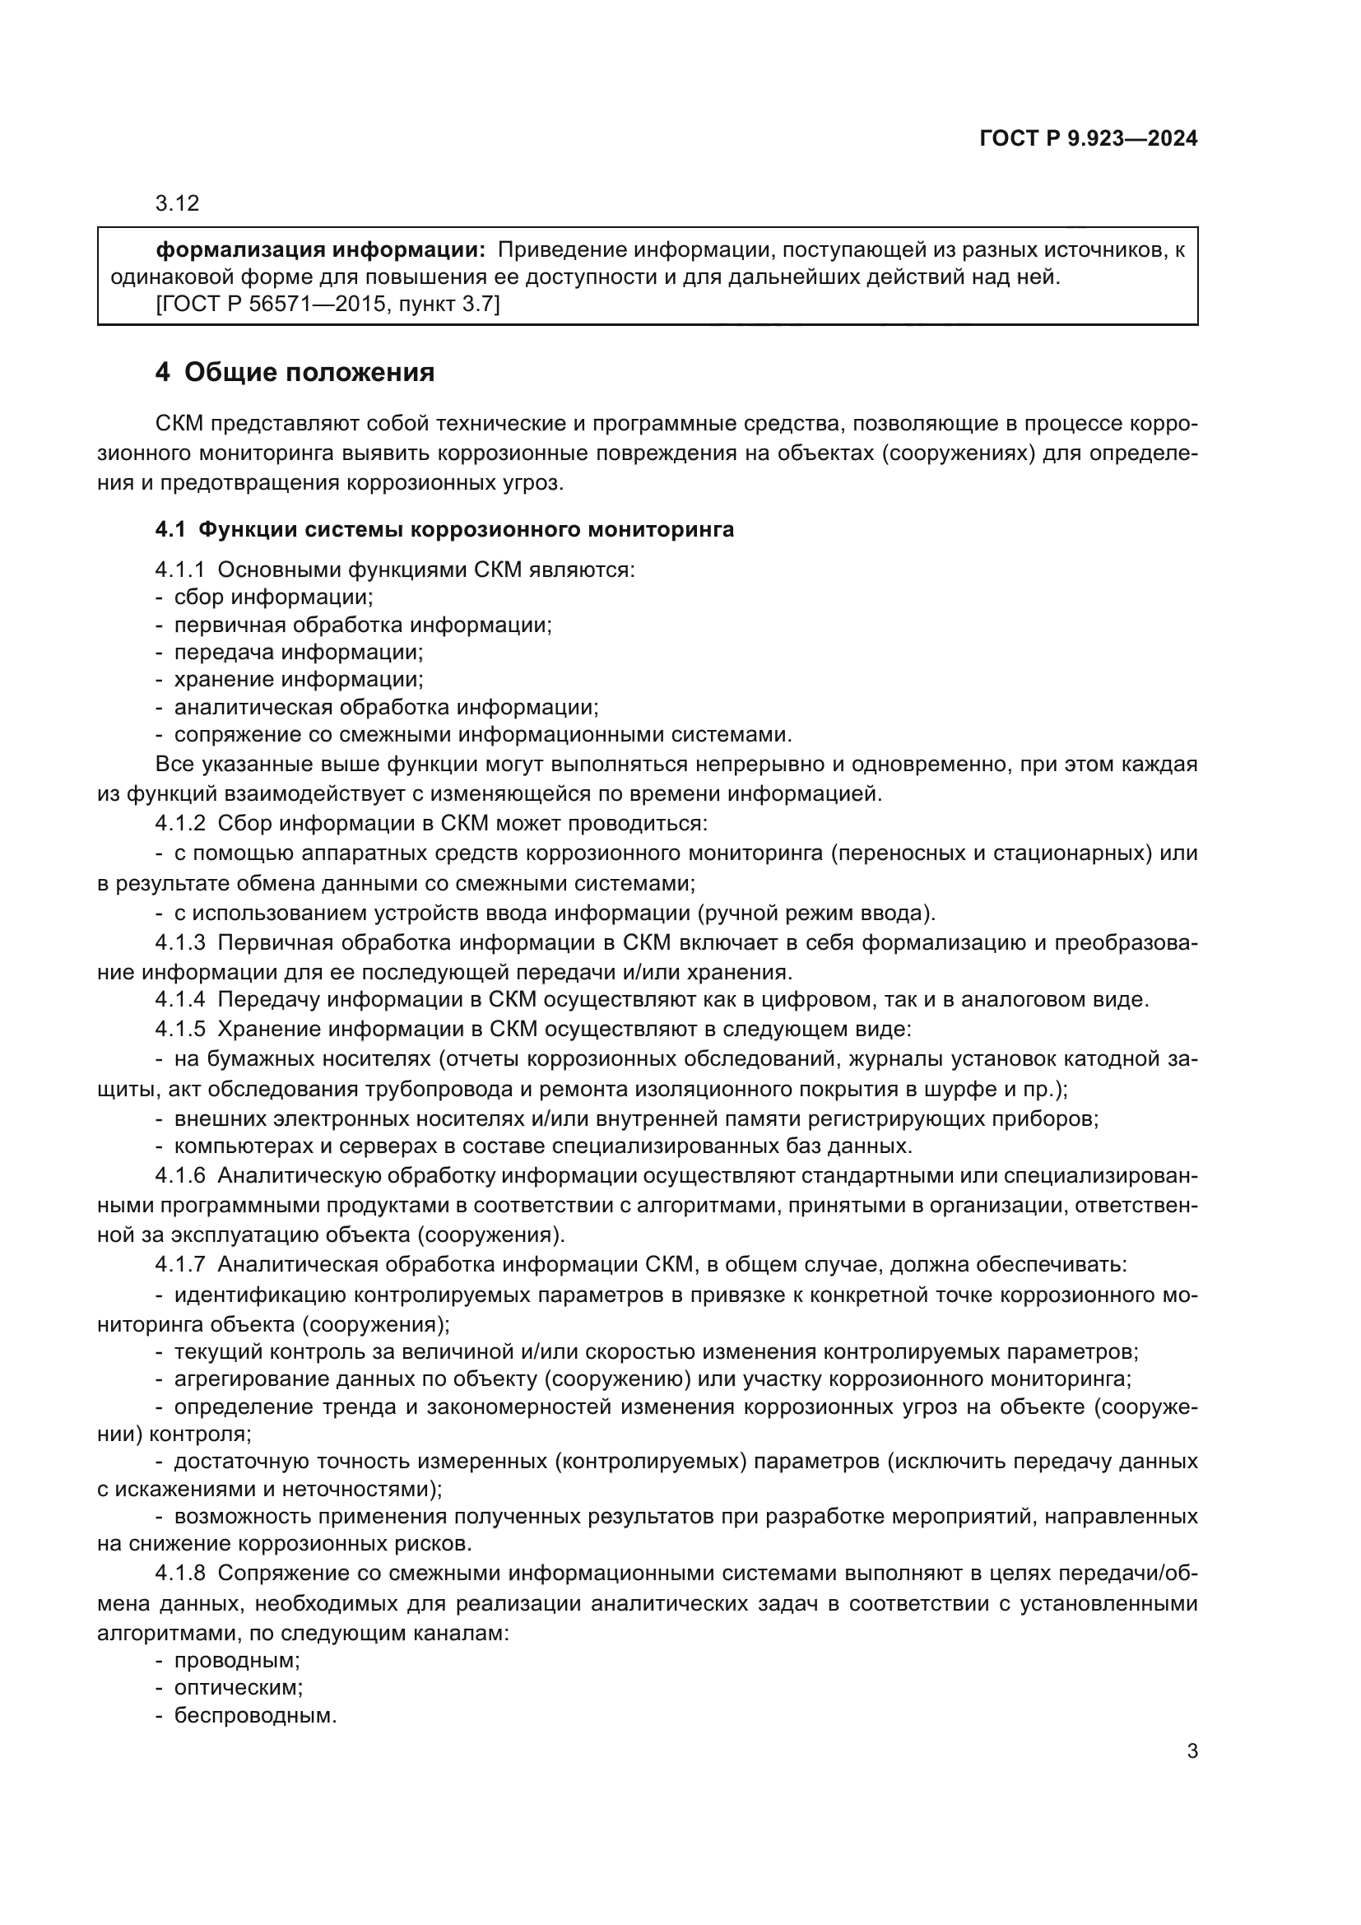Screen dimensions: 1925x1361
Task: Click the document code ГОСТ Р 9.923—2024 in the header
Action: pyautogui.click(x=1088, y=139)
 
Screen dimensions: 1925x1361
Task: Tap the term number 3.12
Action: pyautogui.click(x=177, y=204)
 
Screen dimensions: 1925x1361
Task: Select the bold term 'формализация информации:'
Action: pyautogui.click(x=321, y=250)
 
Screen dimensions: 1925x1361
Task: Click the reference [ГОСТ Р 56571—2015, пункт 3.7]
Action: pyautogui.click(x=327, y=305)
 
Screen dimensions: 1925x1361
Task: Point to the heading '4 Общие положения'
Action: pyautogui.click(x=295, y=372)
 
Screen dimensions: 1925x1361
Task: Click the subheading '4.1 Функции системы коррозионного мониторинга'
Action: pyautogui.click(x=444, y=529)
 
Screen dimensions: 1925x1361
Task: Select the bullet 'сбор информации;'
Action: pyautogui.click(x=273, y=597)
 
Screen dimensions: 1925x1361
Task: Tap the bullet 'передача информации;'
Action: pyautogui.click(x=299, y=652)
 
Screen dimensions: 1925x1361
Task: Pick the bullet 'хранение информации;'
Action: pyautogui.click(x=299, y=679)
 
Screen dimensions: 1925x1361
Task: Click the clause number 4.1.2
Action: pyautogui.click(x=180, y=823)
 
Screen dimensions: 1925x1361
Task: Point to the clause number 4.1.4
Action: pyautogui.click(x=180, y=999)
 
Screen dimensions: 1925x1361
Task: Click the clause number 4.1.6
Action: pyautogui.click(x=180, y=1175)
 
